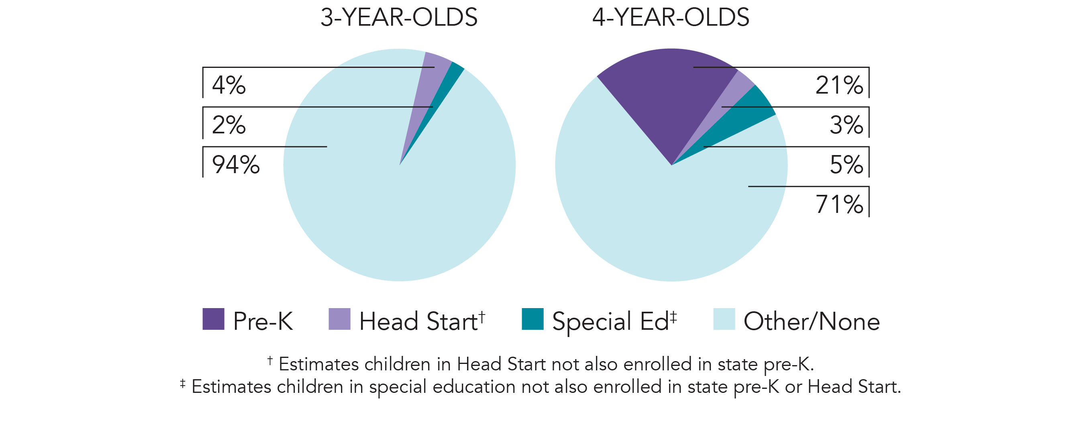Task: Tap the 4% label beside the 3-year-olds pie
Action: (x=228, y=85)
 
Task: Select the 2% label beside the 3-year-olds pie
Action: (x=228, y=125)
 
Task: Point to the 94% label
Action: (x=236, y=165)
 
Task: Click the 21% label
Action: (x=839, y=85)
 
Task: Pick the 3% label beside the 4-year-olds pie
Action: (x=846, y=125)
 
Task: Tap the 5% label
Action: (x=846, y=165)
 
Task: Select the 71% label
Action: (x=839, y=204)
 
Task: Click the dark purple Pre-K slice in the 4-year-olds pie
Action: (x=669, y=92)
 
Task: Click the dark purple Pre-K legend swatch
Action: (x=213, y=319)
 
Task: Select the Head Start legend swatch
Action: (x=339, y=319)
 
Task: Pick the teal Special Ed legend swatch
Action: (x=532, y=319)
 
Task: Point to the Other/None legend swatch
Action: (x=724, y=319)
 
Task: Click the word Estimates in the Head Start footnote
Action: (x=318, y=365)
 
